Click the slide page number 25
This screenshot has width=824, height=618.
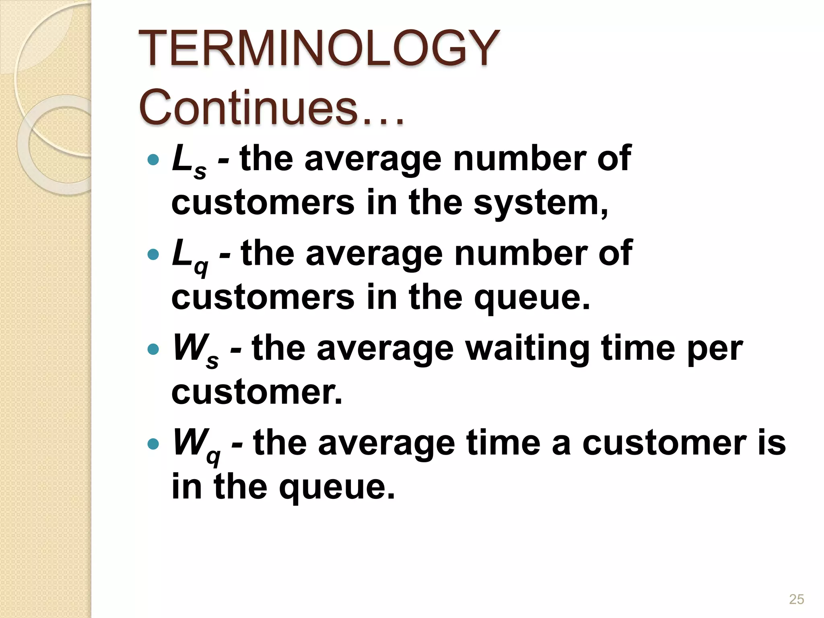point(796,599)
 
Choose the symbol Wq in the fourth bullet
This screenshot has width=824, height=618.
point(196,445)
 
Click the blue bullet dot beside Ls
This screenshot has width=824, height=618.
point(153,160)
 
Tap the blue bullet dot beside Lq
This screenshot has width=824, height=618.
point(153,255)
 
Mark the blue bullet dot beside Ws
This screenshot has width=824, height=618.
point(153,349)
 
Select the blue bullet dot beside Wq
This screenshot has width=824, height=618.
point(153,444)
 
